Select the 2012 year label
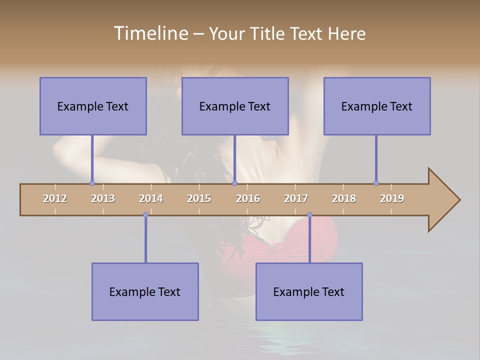click(x=55, y=198)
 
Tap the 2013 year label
click(x=103, y=198)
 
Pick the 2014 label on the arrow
click(x=151, y=198)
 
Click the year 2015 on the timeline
click(x=199, y=198)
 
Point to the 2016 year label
click(x=248, y=198)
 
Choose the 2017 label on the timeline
click(x=296, y=198)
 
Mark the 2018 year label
click(x=344, y=198)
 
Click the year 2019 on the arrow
click(x=392, y=198)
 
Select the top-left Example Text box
click(x=93, y=106)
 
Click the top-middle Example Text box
click(x=235, y=106)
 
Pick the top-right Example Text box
click(x=377, y=106)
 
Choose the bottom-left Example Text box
click(x=145, y=291)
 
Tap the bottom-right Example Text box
click(x=309, y=291)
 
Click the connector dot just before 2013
click(x=92, y=183)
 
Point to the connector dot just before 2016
click(x=234, y=183)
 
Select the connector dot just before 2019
click(x=376, y=183)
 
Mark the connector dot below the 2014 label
click(x=145, y=214)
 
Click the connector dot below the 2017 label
click(x=309, y=214)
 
